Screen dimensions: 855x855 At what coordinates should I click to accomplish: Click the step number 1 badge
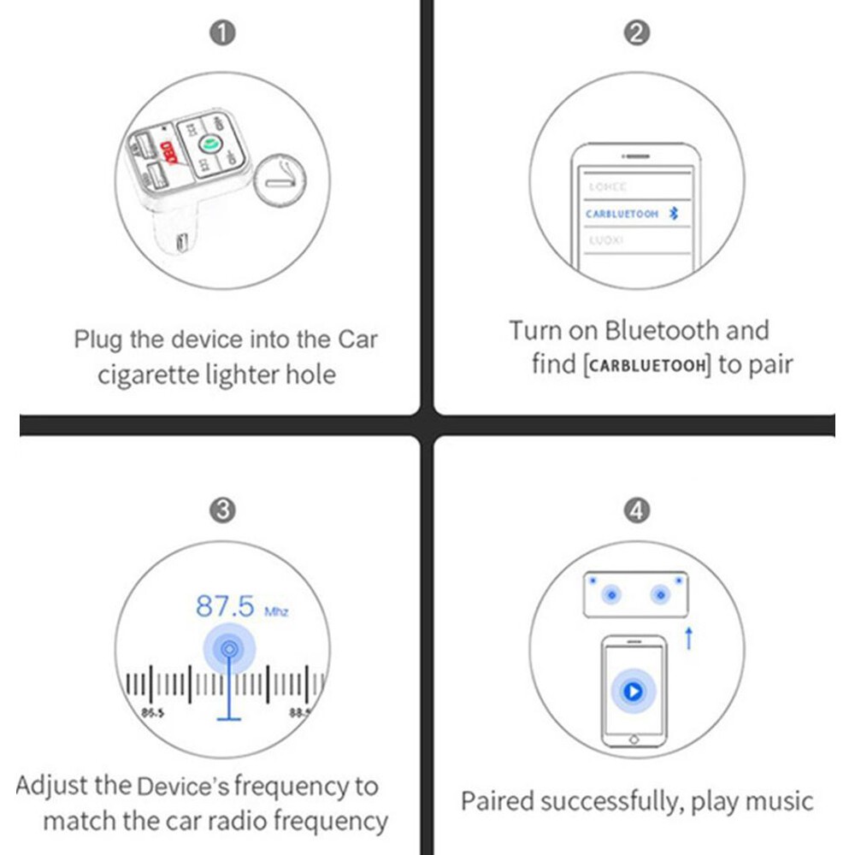(x=222, y=33)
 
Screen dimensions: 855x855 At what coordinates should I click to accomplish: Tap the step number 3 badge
(x=222, y=510)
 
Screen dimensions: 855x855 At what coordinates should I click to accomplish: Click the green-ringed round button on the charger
(x=207, y=145)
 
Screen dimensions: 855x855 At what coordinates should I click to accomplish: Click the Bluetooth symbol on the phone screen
(x=674, y=214)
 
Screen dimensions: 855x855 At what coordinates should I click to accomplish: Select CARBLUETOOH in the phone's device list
(x=622, y=214)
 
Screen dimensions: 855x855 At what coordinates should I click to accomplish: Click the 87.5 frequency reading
(x=226, y=606)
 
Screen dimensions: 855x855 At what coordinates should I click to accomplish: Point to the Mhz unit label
(x=276, y=611)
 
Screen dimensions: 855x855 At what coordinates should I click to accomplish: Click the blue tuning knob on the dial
(x=228, y=650)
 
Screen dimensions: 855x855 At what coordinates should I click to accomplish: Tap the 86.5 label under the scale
(x=154, y=711)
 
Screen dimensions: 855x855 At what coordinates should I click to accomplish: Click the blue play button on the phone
(x=633, y=690)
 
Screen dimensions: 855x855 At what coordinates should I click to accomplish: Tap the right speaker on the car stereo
(x=660, y=594)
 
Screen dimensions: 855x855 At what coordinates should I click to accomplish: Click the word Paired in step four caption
(x=497, y=802)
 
